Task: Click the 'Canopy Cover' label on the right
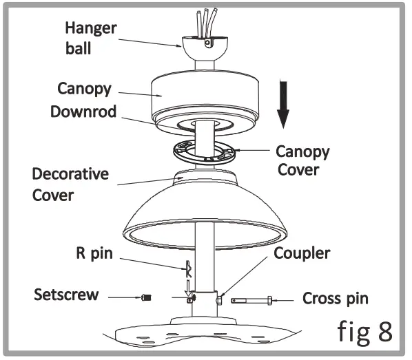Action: [x=302, y=159]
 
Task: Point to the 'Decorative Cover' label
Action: [x=71, y=182]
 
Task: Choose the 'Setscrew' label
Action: [x=67, y=295]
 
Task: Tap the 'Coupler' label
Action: [x=302, y=253]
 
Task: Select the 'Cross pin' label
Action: [x=336, y=299]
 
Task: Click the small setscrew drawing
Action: [x=145, y=297]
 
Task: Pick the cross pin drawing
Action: [x=251, y=299]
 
